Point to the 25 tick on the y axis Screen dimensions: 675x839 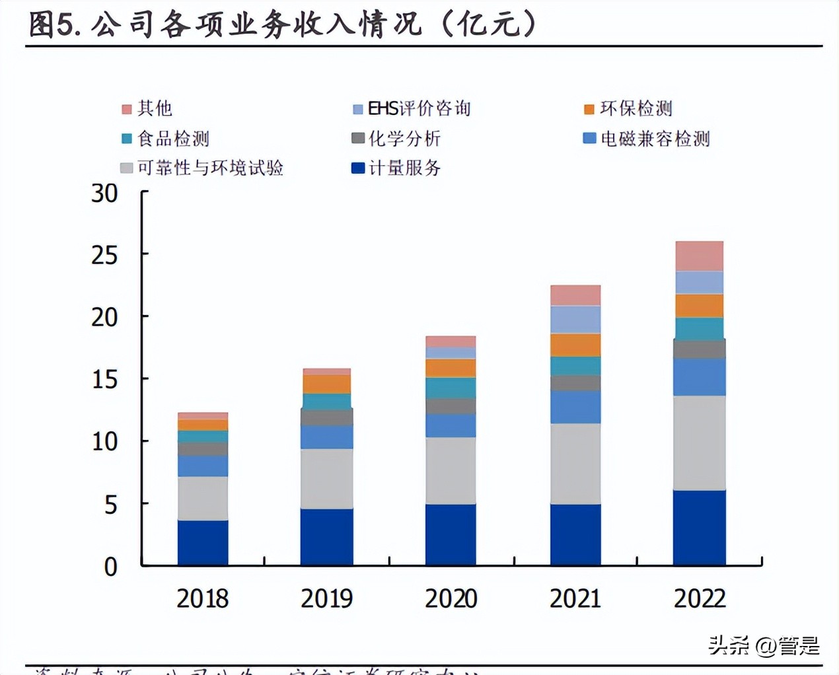coord(104,255)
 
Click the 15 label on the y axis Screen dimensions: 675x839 coord(104,380)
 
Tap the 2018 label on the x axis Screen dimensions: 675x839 coord(202,598)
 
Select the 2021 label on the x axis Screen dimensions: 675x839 coord(575,598)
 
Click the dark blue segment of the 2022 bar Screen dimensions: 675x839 coord(699,528)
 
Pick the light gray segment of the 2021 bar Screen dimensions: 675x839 coord(575,464)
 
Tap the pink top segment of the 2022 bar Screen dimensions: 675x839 coord(699,256)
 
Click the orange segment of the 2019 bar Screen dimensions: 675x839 coord(326,384)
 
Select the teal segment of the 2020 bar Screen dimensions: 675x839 coord(451,388)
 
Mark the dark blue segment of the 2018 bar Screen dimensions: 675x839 coord(202,543)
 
